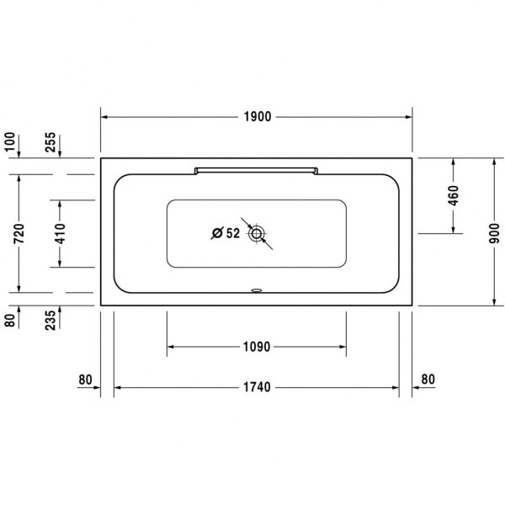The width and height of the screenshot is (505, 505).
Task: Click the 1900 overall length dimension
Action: [x=257, y=117]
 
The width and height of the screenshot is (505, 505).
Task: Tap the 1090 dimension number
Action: [x=257, y=346]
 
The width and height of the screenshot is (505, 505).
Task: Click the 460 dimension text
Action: [x=454, y=195]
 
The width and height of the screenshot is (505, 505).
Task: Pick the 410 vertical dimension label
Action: [x=60, y=233]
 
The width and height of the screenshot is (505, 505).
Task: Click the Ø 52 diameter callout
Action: [x=226, y=233]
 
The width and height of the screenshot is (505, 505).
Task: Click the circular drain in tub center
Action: [x=256, y=233]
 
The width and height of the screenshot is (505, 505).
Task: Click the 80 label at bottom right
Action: [x=427, y=380]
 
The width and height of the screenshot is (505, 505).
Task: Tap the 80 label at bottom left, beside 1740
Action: [x=84, y=380]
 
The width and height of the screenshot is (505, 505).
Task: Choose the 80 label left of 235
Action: [x=11, y=321]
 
